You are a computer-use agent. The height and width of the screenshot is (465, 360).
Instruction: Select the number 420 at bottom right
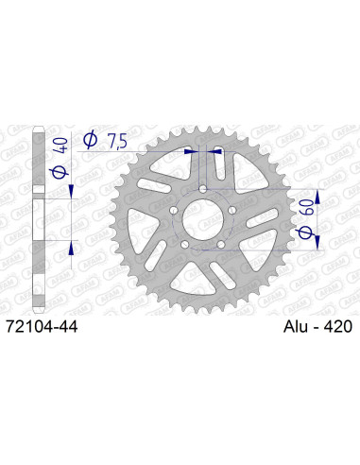(x=334, y=325)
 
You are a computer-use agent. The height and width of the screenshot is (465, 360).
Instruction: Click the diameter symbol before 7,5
(x=92, y=140)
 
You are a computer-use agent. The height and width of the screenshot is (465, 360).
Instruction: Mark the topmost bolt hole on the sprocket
(x=205, y=188)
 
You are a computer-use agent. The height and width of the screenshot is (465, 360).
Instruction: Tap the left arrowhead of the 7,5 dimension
(x=195, y=149)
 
